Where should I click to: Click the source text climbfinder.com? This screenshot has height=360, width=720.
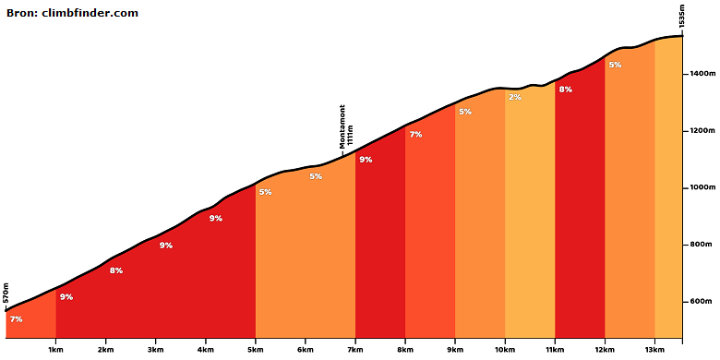click(90, 13)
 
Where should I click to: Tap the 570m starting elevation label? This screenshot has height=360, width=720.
click(6, 294)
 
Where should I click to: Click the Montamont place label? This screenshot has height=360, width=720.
click(342, 126)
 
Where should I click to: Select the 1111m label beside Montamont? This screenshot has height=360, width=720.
click(350, 136)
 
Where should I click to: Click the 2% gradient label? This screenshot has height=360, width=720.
click(515, 97)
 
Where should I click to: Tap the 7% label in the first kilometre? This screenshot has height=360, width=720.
click(16, 319)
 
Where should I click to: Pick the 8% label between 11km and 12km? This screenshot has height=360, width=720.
click(565, 90)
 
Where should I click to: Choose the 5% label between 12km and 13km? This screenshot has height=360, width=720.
click(615, 65)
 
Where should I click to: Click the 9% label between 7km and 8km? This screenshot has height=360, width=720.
click(366, 160)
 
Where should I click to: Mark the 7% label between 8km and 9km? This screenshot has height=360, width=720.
click(415, 135)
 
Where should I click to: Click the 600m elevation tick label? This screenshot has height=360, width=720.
click(701, 302)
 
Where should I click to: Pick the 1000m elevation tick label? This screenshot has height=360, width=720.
click(702, 187)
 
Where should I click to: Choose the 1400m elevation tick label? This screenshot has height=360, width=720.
click(702, 74)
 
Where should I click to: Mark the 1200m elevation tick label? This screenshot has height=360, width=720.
click(702, 131)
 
